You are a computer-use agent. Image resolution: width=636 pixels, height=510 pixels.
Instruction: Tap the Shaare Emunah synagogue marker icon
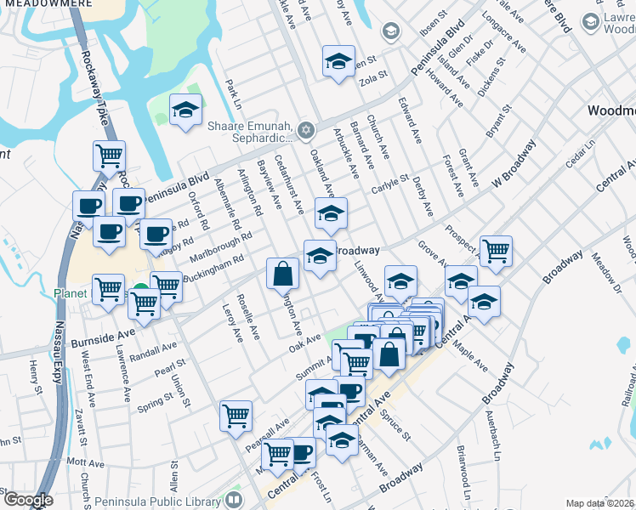(306, 130)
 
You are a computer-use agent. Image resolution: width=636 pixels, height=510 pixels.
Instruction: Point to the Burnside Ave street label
(105, 336)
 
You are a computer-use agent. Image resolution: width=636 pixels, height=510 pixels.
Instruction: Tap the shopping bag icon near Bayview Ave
(283, 274)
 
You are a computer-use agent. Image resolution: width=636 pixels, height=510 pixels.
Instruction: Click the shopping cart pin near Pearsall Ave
(236, 416)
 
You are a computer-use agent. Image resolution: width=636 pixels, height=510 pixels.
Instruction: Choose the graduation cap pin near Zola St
(338, 62)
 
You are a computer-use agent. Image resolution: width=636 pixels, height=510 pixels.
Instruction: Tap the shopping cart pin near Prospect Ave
(496, 251)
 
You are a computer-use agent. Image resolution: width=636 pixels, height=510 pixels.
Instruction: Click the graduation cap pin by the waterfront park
(185, 110)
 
